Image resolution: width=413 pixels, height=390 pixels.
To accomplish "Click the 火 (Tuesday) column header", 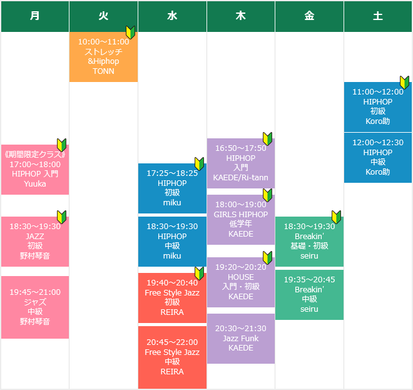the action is point(103,16).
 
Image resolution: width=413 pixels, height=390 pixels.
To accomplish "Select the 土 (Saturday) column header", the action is point(378,16).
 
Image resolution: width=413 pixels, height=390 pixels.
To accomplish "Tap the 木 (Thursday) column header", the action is point(241,16).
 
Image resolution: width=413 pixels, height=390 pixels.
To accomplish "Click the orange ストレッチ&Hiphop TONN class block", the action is point(103,57).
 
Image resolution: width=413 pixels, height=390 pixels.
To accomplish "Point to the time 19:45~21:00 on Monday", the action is point(35,292).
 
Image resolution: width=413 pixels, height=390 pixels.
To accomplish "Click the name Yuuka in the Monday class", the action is point(35,183).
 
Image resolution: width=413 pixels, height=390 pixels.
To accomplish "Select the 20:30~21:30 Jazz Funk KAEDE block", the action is point(241,338).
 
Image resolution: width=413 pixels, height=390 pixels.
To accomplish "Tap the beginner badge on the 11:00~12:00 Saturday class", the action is point(404,82).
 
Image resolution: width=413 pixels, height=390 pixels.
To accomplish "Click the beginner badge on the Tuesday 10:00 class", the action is point(130,32).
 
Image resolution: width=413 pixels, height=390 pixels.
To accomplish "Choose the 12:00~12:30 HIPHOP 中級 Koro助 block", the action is point(378,157).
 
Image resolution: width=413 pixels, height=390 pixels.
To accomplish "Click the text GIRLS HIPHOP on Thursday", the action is point(241,214).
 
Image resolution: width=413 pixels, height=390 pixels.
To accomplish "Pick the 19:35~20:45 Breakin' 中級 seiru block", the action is point(309,295).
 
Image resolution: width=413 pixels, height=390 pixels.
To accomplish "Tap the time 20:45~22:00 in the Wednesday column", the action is point(172,342).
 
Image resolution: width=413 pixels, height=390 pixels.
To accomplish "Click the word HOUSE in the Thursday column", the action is point(241,277).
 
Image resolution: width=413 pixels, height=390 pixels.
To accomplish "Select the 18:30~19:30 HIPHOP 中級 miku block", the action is point(172,242).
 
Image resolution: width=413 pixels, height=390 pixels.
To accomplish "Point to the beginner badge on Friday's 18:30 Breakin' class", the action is point(336,217).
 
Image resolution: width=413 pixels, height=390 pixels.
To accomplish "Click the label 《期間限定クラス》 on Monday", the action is point(35,155).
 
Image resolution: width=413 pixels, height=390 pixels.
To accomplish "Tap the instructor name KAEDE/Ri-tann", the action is point(241,177).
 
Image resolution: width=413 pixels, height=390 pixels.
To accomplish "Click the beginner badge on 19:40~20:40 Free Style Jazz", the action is point(199,274).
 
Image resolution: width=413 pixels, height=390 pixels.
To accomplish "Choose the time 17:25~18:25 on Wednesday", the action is point(172,173).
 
